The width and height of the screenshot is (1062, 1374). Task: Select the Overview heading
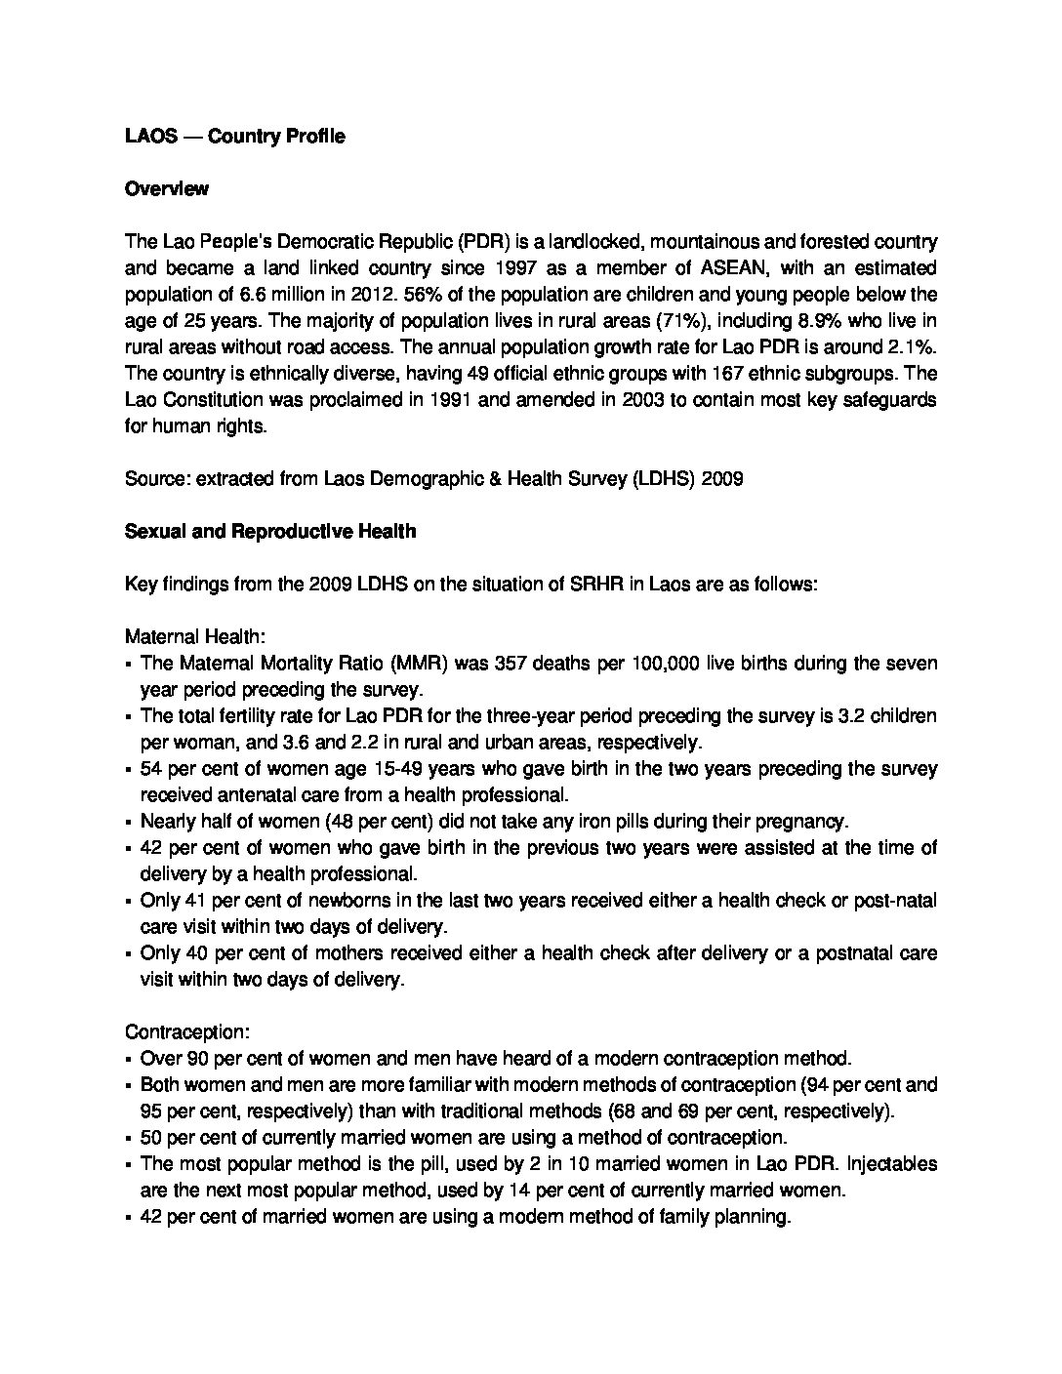167,189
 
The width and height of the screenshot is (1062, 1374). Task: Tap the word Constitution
213,400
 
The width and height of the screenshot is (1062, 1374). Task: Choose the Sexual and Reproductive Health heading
270,532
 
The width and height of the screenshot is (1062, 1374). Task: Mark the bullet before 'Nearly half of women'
130,823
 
